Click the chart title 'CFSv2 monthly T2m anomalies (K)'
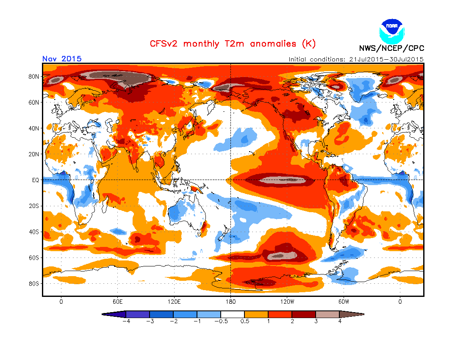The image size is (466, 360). [233, 44]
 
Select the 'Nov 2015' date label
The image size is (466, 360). [62, 59]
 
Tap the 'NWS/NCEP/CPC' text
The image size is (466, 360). [391, 48]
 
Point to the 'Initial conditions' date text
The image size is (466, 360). [356, 59]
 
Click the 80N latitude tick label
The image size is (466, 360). [34, 76]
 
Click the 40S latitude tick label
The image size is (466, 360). [34, 232]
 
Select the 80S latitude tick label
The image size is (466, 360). [34, 283]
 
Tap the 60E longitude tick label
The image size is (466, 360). [117, 302]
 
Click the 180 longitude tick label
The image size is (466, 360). [230, 302]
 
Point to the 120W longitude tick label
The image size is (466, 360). [287, 302]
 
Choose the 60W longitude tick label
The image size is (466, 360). [344, 302]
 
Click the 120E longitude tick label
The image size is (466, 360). [174, 302]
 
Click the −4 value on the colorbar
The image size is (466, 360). [125, 321]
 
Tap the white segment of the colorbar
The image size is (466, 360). [233, 314]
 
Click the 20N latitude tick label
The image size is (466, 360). [34, 154]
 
